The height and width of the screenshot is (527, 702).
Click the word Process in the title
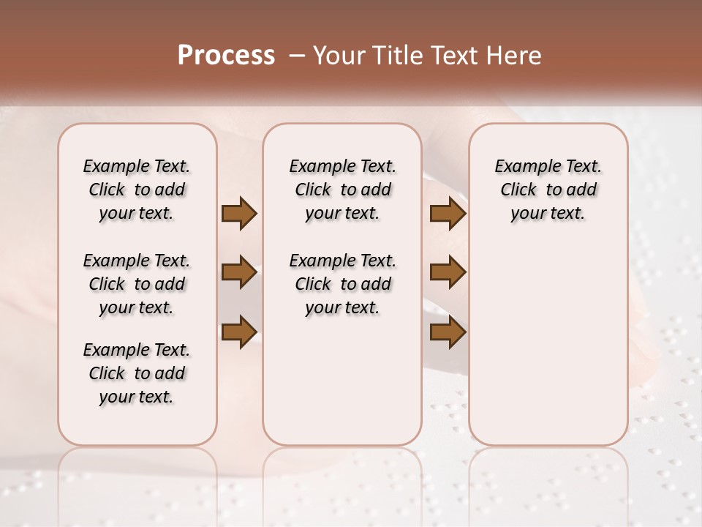point(226,55)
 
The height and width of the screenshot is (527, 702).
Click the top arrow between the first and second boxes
point(239,214)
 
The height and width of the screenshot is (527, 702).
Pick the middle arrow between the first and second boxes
point(239,272)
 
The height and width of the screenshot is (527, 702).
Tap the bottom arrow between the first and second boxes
point(239,331)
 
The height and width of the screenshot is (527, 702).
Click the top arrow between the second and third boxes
point(448,214)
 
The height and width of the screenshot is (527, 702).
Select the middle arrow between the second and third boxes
point(448,272)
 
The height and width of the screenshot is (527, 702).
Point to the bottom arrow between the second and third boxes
point(448,331)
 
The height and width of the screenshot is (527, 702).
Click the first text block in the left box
point(137,190)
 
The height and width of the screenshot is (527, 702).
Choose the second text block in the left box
point(137,284)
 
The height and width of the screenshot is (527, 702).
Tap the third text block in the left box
point(137,373)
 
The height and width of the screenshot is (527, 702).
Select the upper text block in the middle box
point(342,190)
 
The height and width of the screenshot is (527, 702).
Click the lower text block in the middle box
point(342,284)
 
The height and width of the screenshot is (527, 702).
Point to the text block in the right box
point(548,190)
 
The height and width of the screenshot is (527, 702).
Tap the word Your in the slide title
point(337,55)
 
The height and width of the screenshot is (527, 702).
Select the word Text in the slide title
point(456,55)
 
